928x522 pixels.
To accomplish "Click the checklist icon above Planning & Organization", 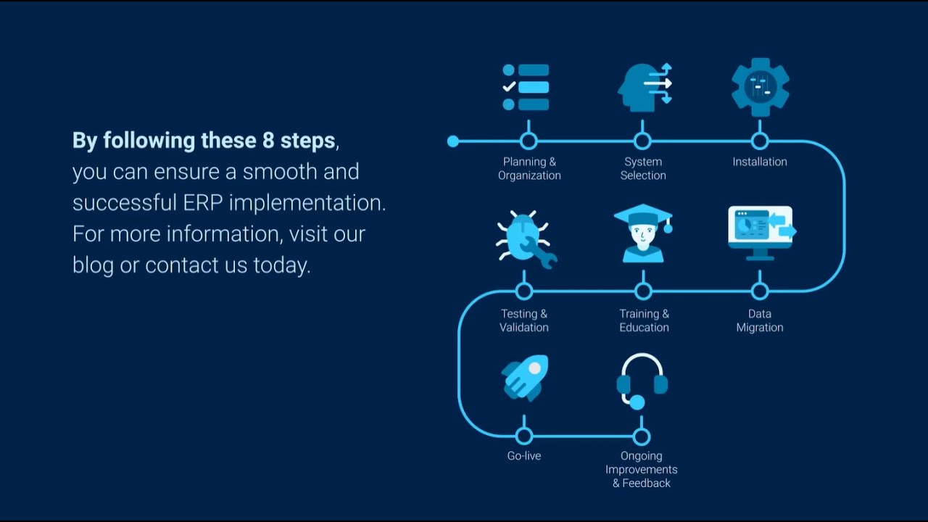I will pyautogui.click(x=526, y=88).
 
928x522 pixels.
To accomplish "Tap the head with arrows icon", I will pyautogui.click(x=644, y=88).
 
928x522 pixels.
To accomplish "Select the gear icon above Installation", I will pyautogui.click(x=760, y=87).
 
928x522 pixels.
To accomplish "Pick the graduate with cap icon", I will pyautogui.click(x=643, y=233).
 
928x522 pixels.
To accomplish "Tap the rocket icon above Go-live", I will pyautogui.click(x=525, y=377).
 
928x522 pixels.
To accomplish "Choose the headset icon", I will pyautogui.click(x=642, y=381).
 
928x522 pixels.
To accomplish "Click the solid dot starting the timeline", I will pyautogui.click(x=453, y=141).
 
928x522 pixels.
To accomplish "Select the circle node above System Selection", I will pyautogui.click(x=642, y=141).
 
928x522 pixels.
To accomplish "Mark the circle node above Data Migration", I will pyautogui.click(x=760, y=291).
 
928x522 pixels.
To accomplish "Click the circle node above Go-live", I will pyautogui.click(x=524, y=436).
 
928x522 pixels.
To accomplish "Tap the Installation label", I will pyautogui.click(x=760, y=162).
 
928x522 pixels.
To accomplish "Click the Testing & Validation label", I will pyautogui.click(x=524, y=320).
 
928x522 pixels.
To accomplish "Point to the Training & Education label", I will pyautogui.click(x=644, y=320).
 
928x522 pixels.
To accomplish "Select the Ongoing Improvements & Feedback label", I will pyautogui.click(x=642, y=469).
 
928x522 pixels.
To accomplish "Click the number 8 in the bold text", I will pyautogui.click(x=268, y=141).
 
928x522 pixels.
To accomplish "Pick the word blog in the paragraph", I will pyautogui.click(x=93, y=265).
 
